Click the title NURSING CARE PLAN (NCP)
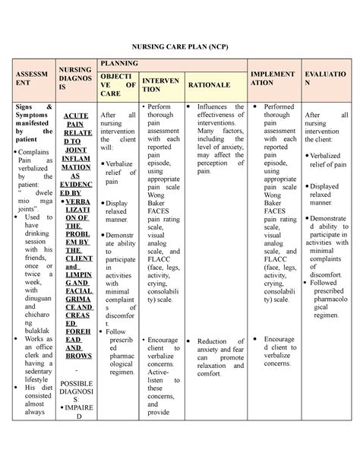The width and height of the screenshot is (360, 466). [x=180, y=46]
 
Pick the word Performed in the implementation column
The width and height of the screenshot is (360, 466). [x=279, y=107]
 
